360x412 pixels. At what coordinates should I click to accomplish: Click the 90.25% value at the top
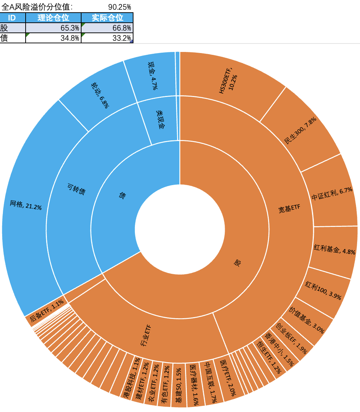click(119, 7)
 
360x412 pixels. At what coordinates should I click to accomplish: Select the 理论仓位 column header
click(53, 18)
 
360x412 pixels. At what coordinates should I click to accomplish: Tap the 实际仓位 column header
click(107, 18)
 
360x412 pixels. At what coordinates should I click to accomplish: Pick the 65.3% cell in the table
click(53, 28)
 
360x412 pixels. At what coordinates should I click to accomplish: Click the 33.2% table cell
click(107, 38)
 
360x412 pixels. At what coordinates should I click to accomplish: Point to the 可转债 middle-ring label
click(76, 189)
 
